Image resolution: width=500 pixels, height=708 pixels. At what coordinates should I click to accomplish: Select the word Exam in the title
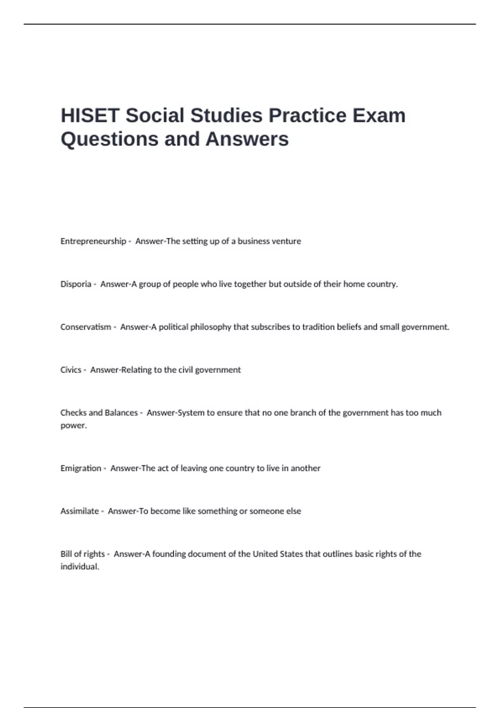tap(379, 115)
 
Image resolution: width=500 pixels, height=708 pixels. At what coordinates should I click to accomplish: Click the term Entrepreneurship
tap(93, 241)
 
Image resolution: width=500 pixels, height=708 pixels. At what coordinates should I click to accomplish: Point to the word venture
tap(285, 241)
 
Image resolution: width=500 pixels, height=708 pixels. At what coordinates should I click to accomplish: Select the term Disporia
tap(76, 284)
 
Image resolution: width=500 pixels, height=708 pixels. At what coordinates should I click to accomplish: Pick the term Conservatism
tap(86, 327)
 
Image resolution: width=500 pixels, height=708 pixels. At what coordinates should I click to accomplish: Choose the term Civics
tap(71, 370)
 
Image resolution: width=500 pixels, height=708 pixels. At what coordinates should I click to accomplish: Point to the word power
tap(73, 426)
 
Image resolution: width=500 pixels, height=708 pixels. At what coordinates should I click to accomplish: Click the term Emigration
tap(81, 468)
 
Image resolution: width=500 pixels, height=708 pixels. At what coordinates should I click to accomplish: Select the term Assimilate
tap(80, 511)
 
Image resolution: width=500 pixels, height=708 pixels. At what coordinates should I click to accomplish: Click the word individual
tap(79, 567)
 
